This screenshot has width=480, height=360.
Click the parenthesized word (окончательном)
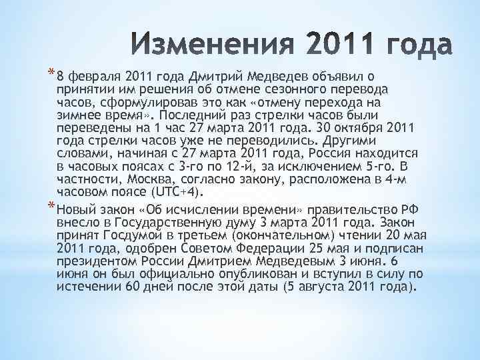(x=288, y=235)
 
